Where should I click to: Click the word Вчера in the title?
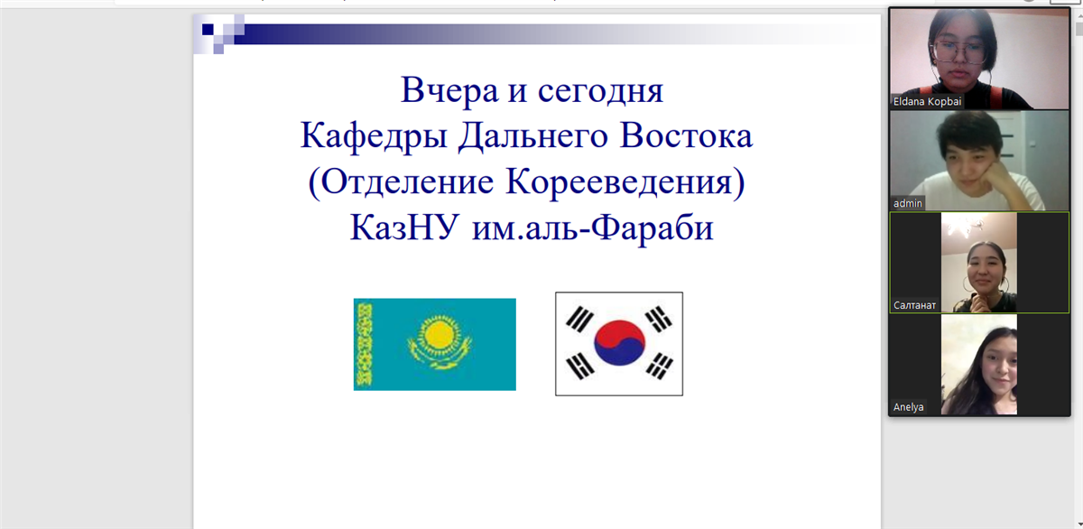[x=449, y=90]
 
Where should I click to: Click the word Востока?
[x=686, y=135]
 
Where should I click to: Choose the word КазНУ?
[x=404, y=227]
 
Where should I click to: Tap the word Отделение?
[x=408, y=182]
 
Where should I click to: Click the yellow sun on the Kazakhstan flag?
[x=439, y=334]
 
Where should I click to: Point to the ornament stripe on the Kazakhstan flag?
[x=364, y=345]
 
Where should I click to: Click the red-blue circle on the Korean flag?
[x=619, y=343]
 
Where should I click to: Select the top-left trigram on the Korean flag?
[x=579, y=320]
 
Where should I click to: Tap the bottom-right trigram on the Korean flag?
[x=659, y=366]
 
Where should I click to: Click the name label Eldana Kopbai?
[x=927, y=101]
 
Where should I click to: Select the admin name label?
[x=908, y=203]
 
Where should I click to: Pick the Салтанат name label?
[x=914, y=305]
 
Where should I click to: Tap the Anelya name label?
[x=908, y=407]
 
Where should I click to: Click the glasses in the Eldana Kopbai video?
[x=958, y=52]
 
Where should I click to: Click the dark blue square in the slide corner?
[x=208, y=30]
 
